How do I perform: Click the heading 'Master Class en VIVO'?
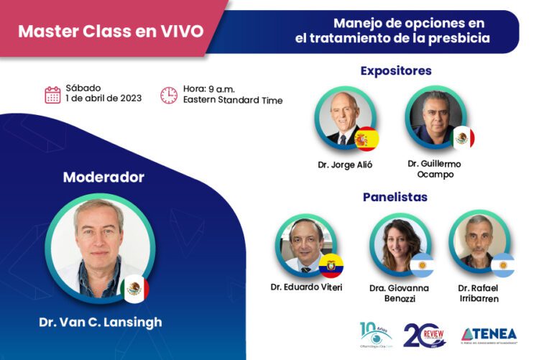111,32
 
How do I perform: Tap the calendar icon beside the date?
52,95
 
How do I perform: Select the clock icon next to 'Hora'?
168,95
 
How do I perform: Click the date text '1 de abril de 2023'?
103,99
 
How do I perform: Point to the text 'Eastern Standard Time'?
232,101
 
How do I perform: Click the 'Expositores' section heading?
395,70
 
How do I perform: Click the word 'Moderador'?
103,177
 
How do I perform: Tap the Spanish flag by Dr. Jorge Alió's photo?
367,138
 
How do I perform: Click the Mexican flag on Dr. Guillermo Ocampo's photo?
463,137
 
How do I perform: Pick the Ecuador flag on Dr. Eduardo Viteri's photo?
331,264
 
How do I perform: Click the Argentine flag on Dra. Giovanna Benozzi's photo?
422,264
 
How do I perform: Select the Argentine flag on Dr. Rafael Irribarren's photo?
502,264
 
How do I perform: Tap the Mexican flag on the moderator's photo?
134,288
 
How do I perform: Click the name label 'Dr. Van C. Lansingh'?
101,322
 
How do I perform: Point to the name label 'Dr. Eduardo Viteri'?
307,287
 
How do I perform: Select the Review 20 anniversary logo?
425,335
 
